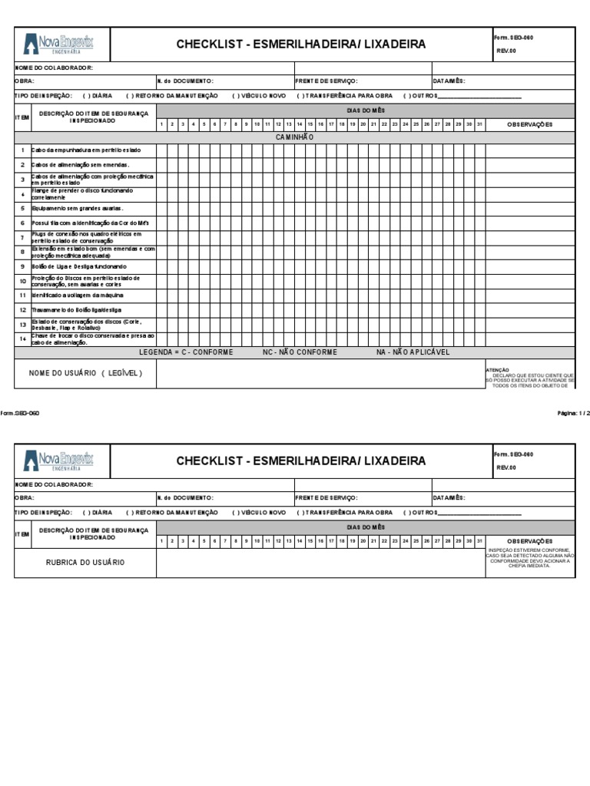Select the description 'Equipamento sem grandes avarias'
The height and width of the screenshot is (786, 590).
(x=78, y=208)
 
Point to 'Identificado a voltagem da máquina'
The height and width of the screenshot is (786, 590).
(x=77, y=296)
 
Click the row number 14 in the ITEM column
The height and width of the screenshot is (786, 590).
(x=23, y=339)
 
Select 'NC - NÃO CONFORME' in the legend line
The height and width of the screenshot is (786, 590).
(x=300, y=352)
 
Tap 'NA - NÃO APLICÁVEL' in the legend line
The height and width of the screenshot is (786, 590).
(x=413, y=352)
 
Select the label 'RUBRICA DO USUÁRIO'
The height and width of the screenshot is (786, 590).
(x=85, y=563)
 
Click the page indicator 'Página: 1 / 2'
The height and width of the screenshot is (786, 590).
(x=573, y=413)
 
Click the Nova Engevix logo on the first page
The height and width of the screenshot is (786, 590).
(x=59, y=44)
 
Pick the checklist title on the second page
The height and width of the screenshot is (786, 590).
(x=301, y=461)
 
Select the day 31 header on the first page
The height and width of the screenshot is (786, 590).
(x=479, y=124)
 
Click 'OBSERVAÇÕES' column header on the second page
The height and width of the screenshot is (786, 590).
(x=529, y=541)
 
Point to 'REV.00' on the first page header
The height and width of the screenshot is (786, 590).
(x=506, y=51)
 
